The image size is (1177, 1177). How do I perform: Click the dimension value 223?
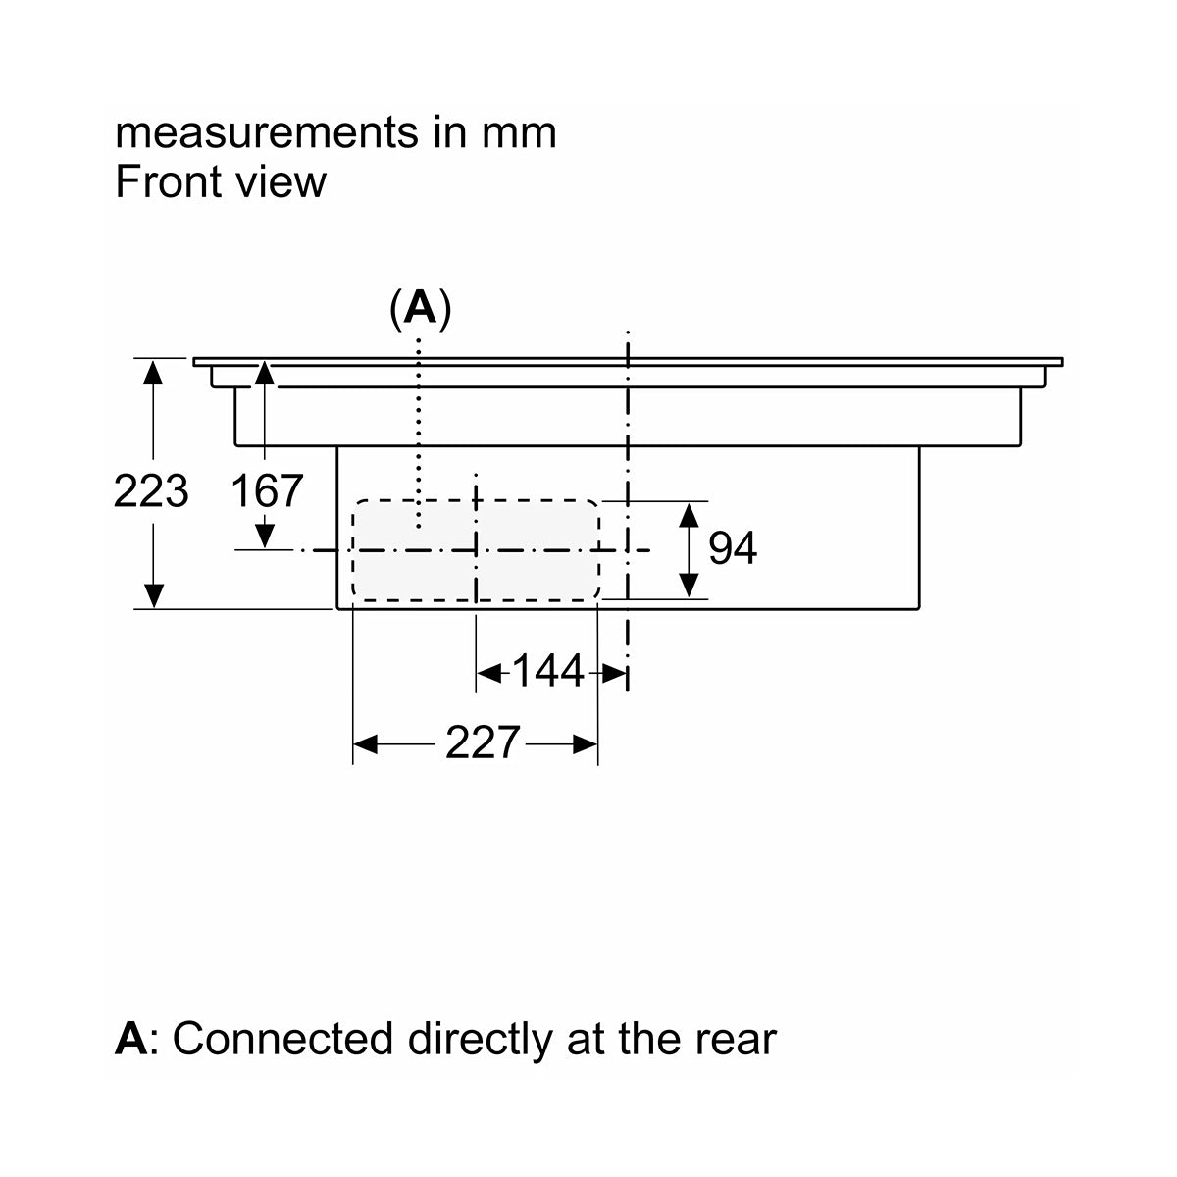[x=151, y=490]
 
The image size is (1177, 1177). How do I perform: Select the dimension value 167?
[x=267, y=490]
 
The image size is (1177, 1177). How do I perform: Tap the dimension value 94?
[x=733, y=548]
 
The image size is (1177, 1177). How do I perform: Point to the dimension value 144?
[x=548, y=671]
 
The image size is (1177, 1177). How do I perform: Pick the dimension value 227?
[x=483, y=742]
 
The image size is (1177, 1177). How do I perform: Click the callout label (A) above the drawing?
[x=421, y=308]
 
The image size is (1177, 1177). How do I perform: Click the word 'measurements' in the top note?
[x=267, y=133]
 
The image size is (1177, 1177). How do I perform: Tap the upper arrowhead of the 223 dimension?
[x=153, y=373]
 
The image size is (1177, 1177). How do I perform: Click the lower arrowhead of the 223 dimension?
[x=153, y=596]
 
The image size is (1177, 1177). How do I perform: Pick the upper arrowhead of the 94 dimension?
[x=689, y=516]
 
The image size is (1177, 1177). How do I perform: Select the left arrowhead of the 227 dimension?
[x=365, y=744]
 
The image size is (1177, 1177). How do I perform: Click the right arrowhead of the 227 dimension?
[x=586, y=744]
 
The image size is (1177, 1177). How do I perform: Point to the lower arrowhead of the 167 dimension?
[x=265, y=537]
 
